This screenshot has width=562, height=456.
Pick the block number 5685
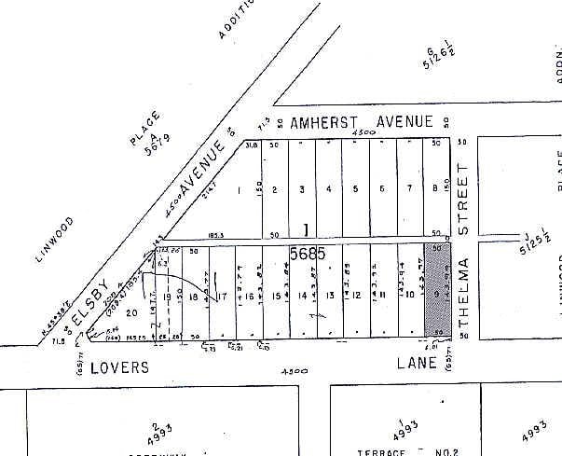click(x=307, y=254)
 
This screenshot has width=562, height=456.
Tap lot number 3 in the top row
click(x=302, y=189)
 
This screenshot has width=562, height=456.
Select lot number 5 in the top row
click(x=356, y=189)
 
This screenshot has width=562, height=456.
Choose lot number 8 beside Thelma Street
click(x=437, y=189)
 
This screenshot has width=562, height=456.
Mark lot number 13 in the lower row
click(x=331, y=296)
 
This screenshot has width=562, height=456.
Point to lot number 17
click(x=222, y=297)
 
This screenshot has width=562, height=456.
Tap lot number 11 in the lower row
click(x=383, y=296)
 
